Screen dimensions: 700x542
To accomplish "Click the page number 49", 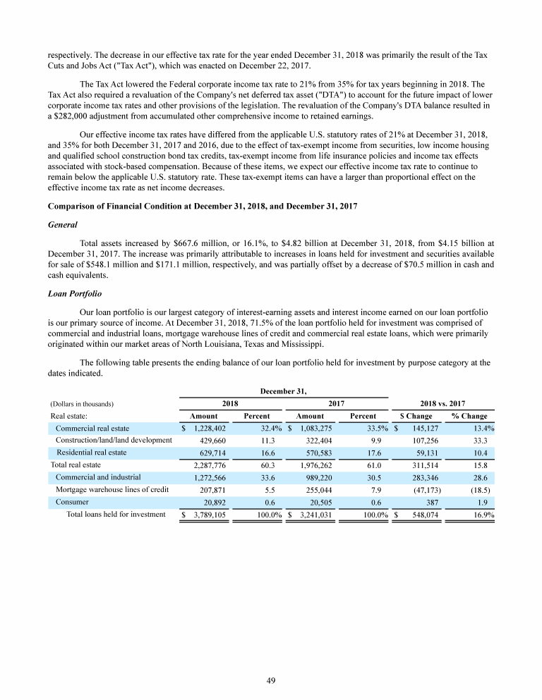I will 271,680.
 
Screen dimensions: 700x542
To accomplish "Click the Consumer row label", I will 72,501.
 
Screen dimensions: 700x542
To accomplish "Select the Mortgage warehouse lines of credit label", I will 112,489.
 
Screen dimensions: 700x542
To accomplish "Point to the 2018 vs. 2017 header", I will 442,404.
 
